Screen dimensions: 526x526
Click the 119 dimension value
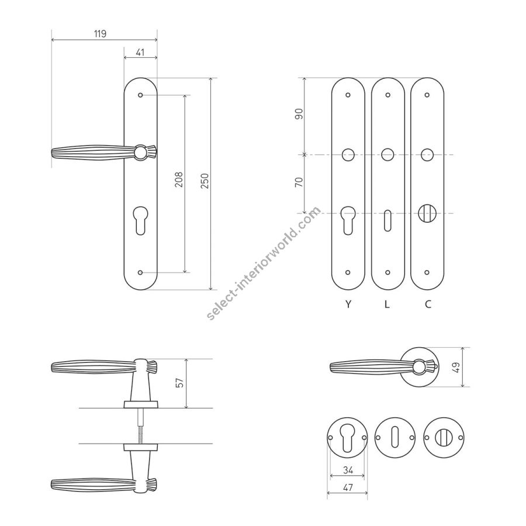[100, 33]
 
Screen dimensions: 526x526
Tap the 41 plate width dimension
[140, 53]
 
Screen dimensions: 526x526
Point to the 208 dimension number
[179, 179]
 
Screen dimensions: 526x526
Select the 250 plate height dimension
[205, 181]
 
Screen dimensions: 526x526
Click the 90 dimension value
[299, 114]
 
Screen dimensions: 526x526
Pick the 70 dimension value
[299, 182]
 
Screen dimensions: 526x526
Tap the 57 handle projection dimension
[180, 383]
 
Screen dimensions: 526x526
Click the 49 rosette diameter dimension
[456, 366]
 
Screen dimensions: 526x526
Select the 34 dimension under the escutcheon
[348, 470]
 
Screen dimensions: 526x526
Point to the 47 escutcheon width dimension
[348, 487]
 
